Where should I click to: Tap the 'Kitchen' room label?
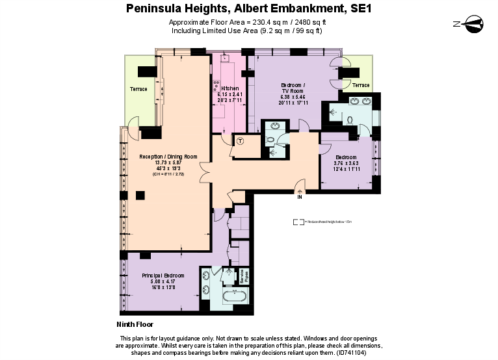pos(229,88)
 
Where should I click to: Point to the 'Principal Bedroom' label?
pos(163,276)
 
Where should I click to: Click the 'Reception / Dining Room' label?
pos(168,157)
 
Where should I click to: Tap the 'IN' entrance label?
pos(300,197)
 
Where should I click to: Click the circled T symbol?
pos(240,141)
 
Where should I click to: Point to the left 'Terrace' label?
pos(138,89)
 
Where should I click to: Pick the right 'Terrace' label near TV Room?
pos(361,85)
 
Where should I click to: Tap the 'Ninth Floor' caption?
pos(135,324)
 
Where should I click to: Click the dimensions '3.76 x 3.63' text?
pos(346,163)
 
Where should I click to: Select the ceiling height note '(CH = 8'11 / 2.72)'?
pos(168,175)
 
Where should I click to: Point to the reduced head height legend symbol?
pos(298,222)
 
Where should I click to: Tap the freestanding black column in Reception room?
pos(140,195)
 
